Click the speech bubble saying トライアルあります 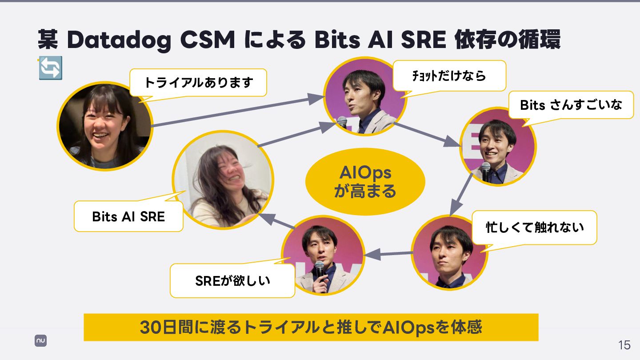(x=198, y=83)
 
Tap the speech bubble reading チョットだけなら (x=449, y=76)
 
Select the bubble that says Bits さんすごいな (x=571, y=105)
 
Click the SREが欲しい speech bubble (x=232, y=281)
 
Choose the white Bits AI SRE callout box (x=128, y=216)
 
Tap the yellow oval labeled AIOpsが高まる (x=365, y=181)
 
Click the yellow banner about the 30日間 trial (x=311, y=328)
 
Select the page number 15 (x=624, y=345)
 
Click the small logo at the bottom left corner (x=41, y=341)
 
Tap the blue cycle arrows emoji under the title (x=50, y=68)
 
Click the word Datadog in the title (x=119, y=40)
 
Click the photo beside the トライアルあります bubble (x=105, y=126)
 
